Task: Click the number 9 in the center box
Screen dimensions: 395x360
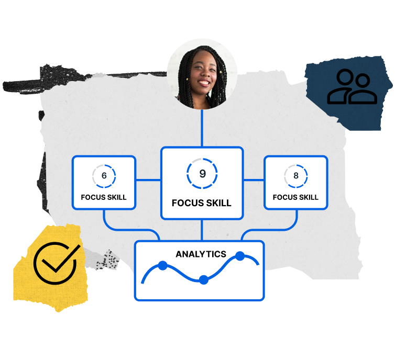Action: point(203,173)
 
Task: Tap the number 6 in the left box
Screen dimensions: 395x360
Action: point(104,175)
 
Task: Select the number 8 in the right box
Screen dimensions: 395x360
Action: point(296,175)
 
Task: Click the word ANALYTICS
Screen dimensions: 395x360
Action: point(201,254)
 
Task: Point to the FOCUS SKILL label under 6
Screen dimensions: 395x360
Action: point(104,197)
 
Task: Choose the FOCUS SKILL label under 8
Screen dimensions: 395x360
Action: point(295,197)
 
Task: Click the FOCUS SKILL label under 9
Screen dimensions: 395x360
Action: point(202,203)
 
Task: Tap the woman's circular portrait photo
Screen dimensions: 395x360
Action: point(202,74)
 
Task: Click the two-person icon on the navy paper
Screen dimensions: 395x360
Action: point(352,86)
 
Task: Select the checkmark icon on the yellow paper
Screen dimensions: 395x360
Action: point(56,262)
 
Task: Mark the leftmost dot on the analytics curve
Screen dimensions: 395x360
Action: point(163,266)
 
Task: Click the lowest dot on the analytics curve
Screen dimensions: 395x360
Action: point(204,279)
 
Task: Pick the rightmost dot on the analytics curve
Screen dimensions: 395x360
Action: point(240,256)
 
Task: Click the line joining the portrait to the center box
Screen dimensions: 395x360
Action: point(202,128)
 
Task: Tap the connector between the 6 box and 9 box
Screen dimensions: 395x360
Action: point(148,180)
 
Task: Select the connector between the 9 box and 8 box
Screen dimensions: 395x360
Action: point(254,180)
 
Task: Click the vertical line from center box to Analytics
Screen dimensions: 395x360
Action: point(202,230)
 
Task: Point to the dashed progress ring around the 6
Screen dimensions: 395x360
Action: point(104,176)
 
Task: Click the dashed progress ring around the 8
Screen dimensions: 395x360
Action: point(296,176)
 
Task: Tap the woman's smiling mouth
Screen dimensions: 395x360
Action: point(204,83)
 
